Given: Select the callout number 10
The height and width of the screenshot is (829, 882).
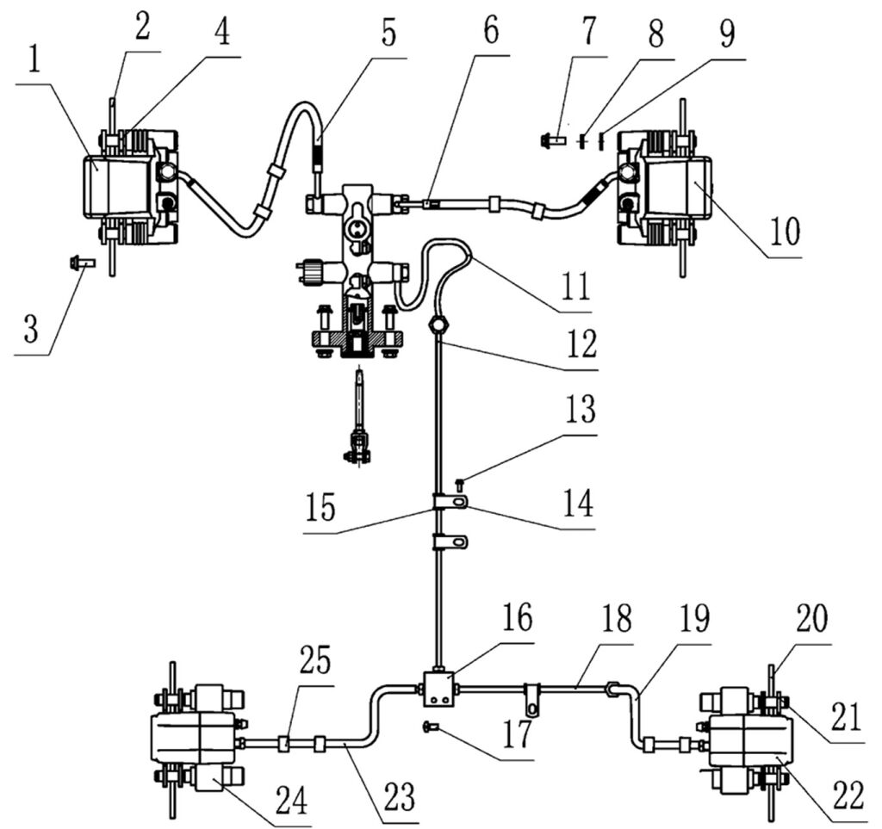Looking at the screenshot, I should click(x=786, y=231).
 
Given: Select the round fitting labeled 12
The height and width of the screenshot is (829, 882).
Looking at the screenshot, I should click(x=438, y=325).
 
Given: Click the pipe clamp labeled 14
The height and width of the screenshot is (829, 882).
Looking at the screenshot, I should click(x=454, y=501).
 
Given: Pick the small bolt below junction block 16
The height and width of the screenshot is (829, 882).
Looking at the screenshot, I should click(x=430, y=729).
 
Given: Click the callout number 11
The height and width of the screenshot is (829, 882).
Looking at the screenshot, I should click(x=576, y=282).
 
